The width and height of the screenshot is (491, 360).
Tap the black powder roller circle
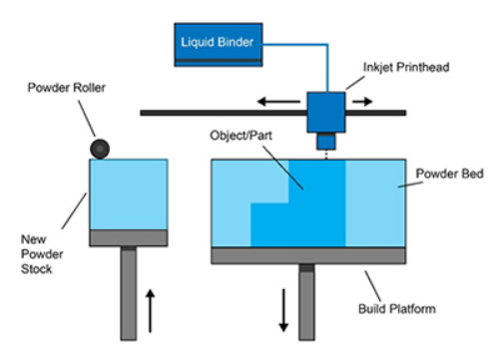101,149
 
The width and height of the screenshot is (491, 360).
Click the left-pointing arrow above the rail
267,101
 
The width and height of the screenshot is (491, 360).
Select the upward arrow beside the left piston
150,308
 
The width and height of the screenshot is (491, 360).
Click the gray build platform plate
308,255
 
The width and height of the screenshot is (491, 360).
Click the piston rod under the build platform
308,299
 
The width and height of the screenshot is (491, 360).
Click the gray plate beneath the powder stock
127,237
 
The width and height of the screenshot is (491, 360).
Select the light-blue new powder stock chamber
127,193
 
